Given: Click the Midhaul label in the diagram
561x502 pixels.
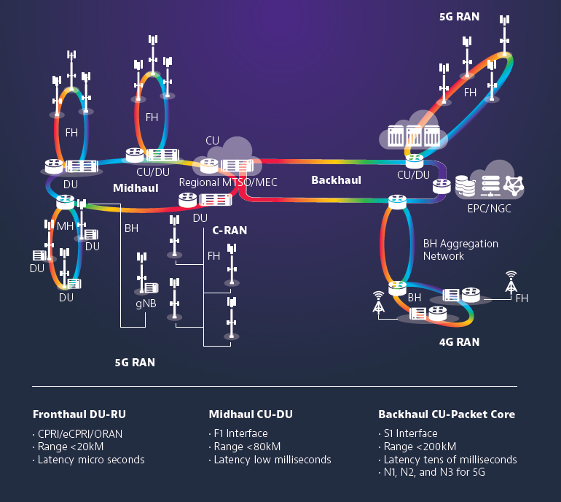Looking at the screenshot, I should tap(136, 188).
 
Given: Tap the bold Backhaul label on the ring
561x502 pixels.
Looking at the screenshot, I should tap(336, 179).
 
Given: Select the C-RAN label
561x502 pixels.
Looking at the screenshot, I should tap(229, 230).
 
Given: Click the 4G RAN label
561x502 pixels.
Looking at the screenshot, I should tap(459, 341).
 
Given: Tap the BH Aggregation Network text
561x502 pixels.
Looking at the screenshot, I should tap(460, 250).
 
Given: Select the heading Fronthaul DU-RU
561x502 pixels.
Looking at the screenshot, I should tap(79, 414).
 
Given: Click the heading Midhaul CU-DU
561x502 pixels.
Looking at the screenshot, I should tap(251, 414).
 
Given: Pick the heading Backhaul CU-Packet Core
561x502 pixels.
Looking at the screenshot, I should tap(447, 414).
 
